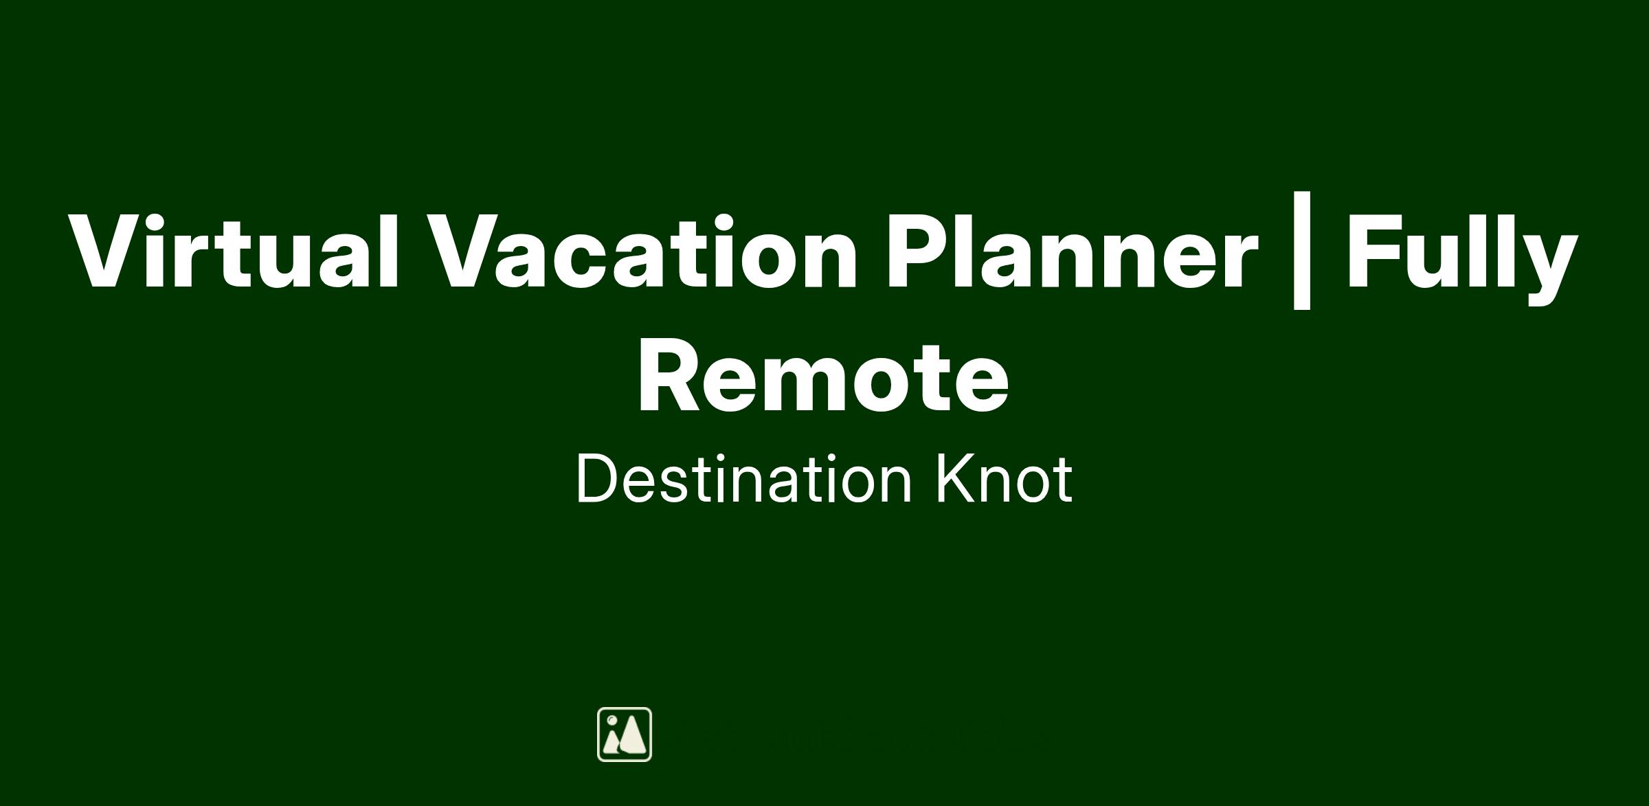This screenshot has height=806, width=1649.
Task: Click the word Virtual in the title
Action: [234, 251]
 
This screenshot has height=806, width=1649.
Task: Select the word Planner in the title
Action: [1071, 251]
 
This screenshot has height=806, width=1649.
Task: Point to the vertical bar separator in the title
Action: [1301, 251]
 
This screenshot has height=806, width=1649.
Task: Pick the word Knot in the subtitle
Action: [1004, 479]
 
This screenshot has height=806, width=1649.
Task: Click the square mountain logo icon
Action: [625, 735]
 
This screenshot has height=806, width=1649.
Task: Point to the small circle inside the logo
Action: [612, 720]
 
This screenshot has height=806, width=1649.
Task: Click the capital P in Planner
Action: [918, 250]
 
